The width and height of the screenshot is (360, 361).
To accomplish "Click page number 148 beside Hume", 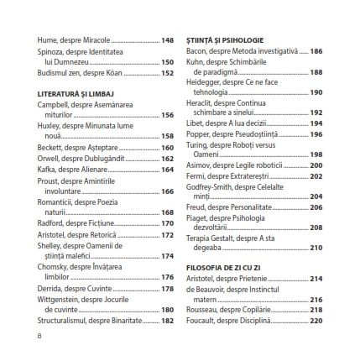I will (167, 39).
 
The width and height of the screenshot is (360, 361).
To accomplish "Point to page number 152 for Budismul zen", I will (167, 72).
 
